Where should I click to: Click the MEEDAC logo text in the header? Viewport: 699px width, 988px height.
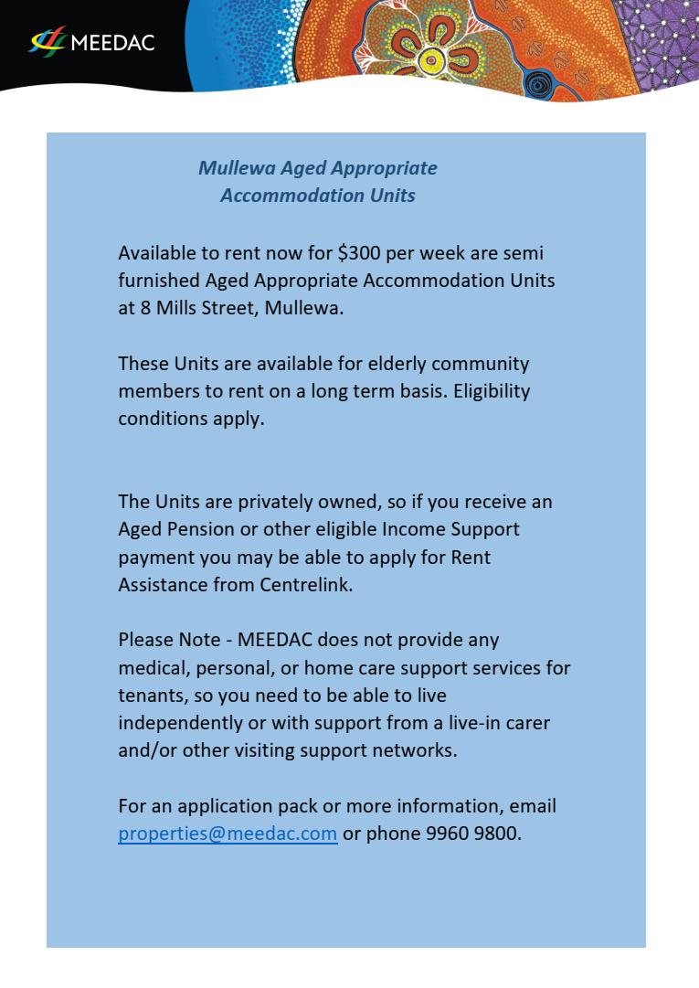pyautogui.click(x=112, y=42)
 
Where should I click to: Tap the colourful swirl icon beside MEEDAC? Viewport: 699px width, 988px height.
pyautogui.click(x=48, y=42)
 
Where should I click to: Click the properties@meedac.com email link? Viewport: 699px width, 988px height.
pyautogui.click(x=228, y=834)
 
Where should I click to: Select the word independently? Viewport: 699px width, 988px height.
pyautogui.click(x=175, y=723)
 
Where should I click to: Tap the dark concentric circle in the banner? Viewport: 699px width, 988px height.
pyautogui.click(x=539, y=85)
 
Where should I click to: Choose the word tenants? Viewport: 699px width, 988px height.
pyautogui.click(x=150, y=696)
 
